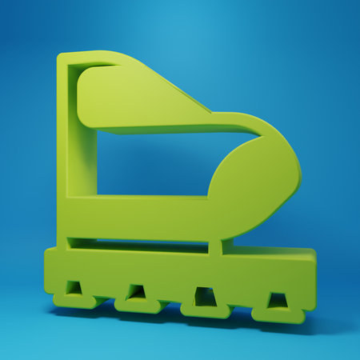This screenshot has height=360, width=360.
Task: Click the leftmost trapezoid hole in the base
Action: [74, 287]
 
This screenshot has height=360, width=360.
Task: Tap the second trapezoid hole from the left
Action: [137, 292]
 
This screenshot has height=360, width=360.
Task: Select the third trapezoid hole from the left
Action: [205, 297]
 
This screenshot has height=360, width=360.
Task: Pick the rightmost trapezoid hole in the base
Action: [277, 301]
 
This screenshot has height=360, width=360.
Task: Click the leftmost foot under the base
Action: [73, 302]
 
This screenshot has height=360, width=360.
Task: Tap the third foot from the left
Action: [206, 311]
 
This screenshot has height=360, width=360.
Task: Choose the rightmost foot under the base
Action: [278, 315]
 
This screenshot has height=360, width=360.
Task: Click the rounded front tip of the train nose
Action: [298, 172]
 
